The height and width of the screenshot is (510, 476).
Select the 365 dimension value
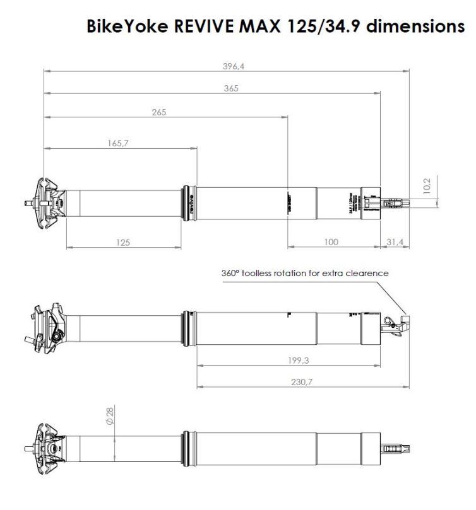pyautogui.click(x=231, y=89)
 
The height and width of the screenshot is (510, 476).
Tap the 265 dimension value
pyautogui.click(x=158, y=112)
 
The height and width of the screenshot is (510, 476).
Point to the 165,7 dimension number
pyautogui.click(x=117, y=143)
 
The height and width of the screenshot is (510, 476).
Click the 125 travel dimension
pyautogui.click(x=124, y=242)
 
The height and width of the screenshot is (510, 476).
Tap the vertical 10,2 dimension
pyautogui.click(x=427, y=187)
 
